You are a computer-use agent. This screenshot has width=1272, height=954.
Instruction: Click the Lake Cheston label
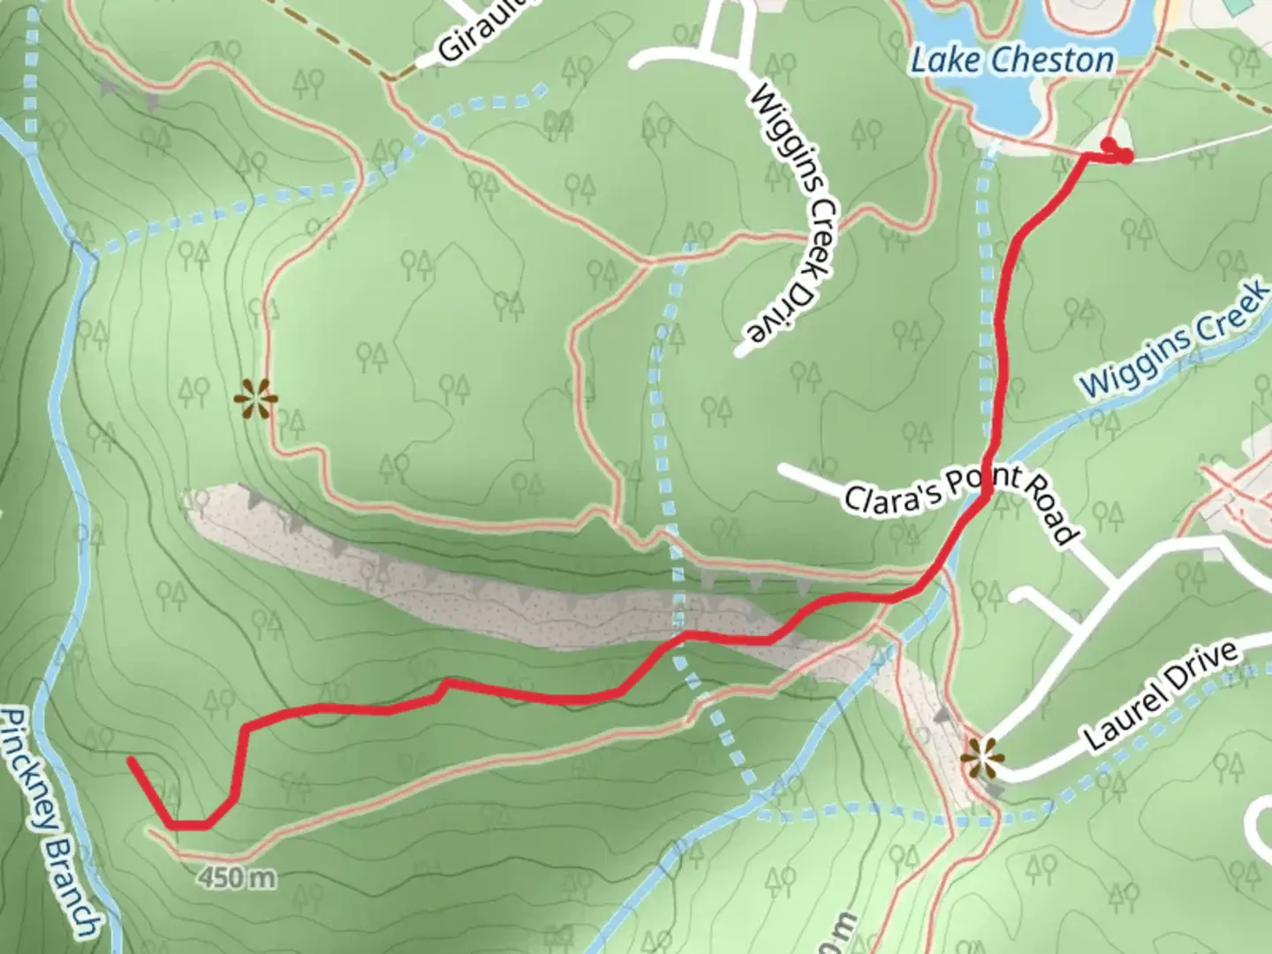(x=1011, y=60)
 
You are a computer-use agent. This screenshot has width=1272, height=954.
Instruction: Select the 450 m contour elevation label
(x=237, y=878)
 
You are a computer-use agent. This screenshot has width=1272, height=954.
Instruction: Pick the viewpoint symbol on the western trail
(x=256, y=399)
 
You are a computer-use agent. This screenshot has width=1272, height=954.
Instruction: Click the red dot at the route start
(x=1108, y=144)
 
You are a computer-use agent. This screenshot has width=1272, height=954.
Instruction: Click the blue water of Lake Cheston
(x=1007, y=106)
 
